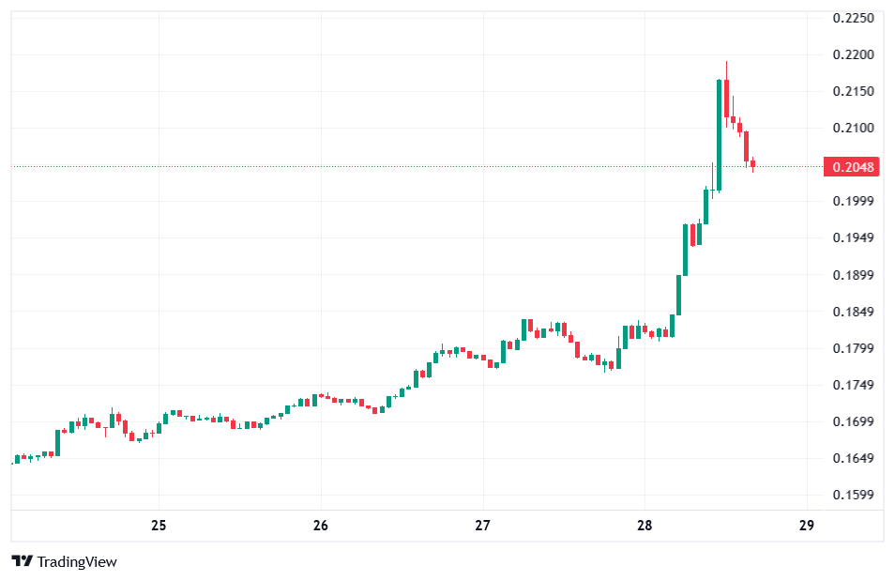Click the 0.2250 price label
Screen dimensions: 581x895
853,18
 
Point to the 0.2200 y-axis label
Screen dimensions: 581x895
853,54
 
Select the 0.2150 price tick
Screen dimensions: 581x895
853,91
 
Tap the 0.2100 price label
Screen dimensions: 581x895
853,128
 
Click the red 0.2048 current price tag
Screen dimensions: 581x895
852,167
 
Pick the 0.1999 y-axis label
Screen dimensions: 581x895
853,201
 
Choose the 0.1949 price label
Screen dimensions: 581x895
853,237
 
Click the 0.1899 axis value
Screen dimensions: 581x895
853,275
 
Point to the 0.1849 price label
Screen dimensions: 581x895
853,312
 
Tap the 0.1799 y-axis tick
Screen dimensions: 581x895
853,348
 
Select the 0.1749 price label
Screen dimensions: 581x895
853,385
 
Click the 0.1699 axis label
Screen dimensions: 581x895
853,421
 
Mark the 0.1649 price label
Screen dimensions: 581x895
853,458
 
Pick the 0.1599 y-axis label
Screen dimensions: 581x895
853,495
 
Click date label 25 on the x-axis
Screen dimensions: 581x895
159,525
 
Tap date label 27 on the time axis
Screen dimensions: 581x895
483,525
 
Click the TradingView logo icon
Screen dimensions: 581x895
23,561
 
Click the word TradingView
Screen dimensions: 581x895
77,561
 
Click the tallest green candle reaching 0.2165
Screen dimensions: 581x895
719,135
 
